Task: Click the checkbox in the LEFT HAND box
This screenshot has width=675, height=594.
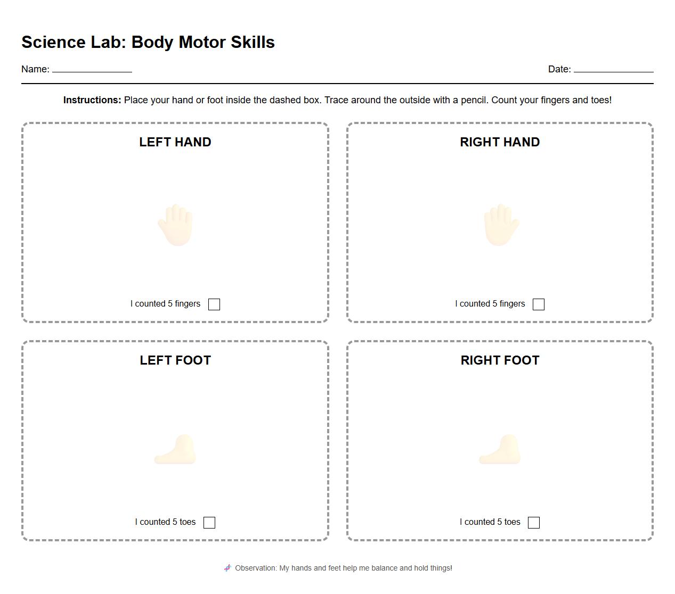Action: tap(214, 304)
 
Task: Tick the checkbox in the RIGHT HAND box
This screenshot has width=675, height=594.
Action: tap(539, 304)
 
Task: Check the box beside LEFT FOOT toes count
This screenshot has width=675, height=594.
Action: tap(209, 522)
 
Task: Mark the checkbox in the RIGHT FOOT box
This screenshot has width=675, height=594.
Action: tap(534, 522)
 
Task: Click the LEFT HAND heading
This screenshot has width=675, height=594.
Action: tap(175, 142)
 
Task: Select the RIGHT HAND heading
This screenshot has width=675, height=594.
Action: tap(500, 142)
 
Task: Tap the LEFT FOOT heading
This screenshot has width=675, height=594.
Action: tap(175, 360)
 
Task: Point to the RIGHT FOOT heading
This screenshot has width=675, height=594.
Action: tap(500, 360)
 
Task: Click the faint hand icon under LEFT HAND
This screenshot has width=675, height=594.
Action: tap(175, 225)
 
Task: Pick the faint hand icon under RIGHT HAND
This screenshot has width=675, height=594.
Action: tap(501, 225)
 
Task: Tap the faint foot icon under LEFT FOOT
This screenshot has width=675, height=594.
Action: tap(176, 450)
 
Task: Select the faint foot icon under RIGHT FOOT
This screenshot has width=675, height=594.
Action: tap(500, 450)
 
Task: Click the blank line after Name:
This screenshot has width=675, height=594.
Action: tap(92, 69)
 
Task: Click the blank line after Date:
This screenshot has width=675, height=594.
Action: tap(613, 69)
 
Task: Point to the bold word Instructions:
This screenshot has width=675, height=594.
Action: tap(92, 100)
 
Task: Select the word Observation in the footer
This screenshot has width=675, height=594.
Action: tap(256, 568)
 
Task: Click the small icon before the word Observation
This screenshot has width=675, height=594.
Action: tap(227, 568)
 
